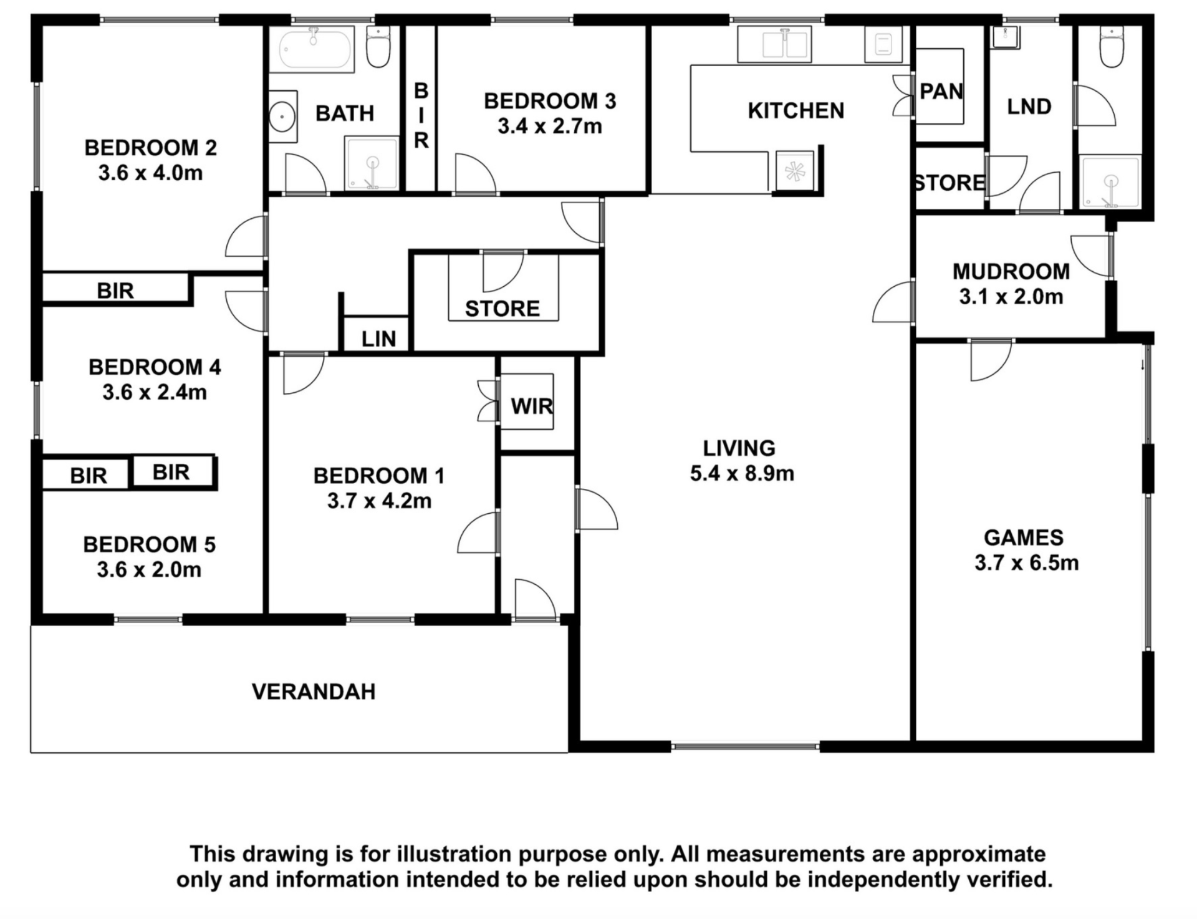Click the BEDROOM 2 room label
151,148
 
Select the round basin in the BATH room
283,117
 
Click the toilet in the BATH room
378,46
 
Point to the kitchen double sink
774,44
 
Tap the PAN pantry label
941,92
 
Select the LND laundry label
1029,107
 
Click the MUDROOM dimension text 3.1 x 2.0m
1011,297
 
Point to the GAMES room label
1024,537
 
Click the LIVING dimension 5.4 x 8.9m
742,473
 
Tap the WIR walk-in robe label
532,407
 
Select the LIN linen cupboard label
379,339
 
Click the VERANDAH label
314,691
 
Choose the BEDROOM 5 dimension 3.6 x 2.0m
149,569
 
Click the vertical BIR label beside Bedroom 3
421,116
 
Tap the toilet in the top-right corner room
1111,46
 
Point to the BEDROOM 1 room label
379,476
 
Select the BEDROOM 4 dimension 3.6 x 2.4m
155,392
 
